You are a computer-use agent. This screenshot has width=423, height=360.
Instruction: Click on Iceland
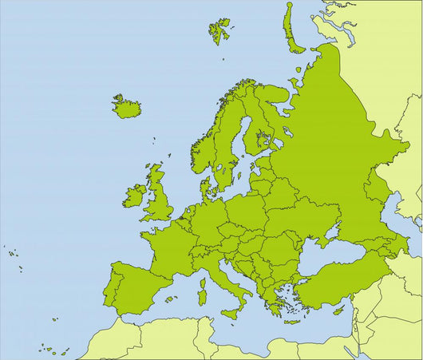pyautogui.click(x=126, y=107)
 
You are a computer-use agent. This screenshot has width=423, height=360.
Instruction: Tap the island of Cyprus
pyautogui.click(x=338, y=311)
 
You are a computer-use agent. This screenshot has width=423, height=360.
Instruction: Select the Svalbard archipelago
pyautogui.click(x=219, y=30)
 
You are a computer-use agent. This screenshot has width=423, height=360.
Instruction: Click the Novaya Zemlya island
pyautogui.click(x=292, y=28)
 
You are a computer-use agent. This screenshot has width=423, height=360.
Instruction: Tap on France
pyautogui.click(x=172, y=244)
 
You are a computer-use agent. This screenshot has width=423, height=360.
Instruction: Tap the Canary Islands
pyautogui.click(x=52, y=349)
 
